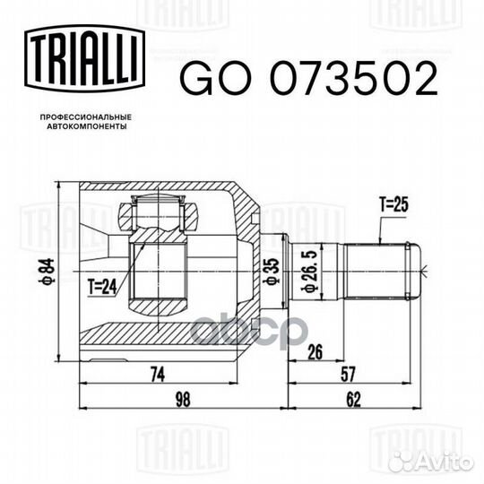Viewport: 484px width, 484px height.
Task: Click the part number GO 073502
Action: (309, 81)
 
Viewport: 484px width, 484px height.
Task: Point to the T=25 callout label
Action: (393, 205)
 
